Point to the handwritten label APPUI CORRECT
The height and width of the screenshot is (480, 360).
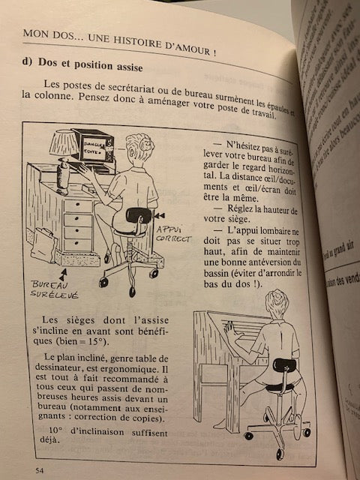coord(173,233)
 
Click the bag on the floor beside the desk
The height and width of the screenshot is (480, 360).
coord(43,244)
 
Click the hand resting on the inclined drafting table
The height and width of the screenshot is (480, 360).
coord(229,328)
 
